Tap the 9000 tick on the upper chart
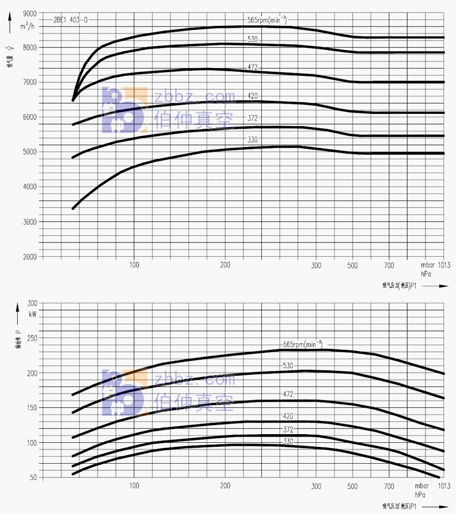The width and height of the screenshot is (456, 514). pos(30,12)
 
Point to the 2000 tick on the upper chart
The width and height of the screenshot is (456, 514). pos(30,257)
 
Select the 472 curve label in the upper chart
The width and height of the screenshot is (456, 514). pos(253,67)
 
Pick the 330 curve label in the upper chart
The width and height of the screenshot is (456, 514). pos(253,139)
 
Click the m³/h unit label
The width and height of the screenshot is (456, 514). pos(28,25)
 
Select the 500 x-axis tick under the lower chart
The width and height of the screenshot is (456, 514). pos(353,486)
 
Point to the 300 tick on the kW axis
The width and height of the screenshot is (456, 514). pos(32,304)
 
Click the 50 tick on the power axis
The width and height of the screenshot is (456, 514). pos(34,478)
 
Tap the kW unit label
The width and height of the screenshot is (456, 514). pos(34,314)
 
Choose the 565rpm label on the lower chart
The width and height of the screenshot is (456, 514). pos(302,344)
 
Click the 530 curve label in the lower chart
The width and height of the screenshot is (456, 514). pos(288,366)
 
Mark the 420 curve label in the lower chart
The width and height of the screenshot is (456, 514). pos(288,416)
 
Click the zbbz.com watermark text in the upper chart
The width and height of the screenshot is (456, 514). pos(195,97)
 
